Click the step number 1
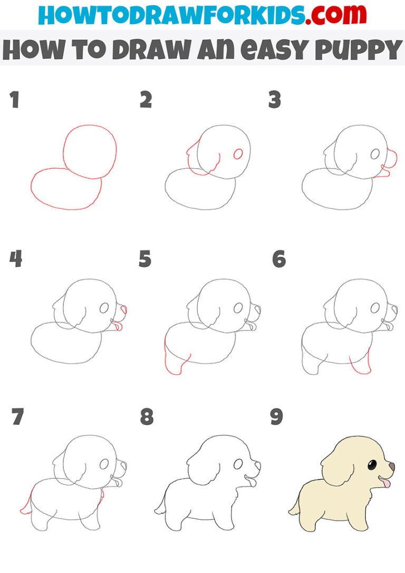(14, 100)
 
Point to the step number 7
(17, 417)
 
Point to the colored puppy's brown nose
(391, 467)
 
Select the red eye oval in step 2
(238, 154)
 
